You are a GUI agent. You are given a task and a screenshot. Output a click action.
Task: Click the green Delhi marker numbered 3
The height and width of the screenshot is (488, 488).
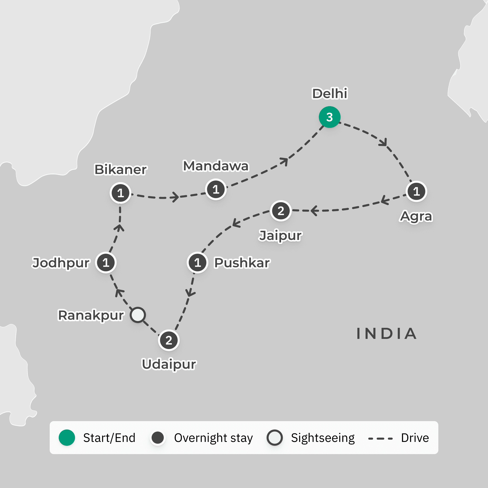coord(329,117)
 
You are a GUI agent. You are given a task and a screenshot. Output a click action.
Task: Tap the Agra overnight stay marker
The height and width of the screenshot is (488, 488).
coord(416,191)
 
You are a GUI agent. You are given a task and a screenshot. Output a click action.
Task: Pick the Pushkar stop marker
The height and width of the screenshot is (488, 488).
coord(197,263)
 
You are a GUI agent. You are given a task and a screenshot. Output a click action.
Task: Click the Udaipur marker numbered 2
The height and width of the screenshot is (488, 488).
coord(169,340)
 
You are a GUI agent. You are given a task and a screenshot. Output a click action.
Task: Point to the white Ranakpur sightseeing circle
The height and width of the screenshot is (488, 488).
coord(138,315)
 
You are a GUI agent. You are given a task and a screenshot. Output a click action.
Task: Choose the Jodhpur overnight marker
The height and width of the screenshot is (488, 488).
coord(106,263)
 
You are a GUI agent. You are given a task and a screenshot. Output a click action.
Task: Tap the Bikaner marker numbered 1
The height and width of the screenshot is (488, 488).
coord(120,193)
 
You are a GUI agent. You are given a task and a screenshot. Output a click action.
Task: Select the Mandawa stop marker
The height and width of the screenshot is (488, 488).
coord(216,189)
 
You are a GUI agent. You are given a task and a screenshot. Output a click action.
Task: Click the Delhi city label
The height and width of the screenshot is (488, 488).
coord(330,94)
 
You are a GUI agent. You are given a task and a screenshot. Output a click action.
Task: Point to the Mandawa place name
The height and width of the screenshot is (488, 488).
coord(216,166)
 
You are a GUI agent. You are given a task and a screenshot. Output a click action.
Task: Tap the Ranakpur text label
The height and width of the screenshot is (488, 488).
coord(91,315)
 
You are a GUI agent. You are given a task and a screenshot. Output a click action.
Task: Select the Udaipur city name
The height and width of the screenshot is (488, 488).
coord(169,364)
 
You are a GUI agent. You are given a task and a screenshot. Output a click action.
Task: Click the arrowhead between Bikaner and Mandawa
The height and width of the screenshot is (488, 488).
coord(175,197)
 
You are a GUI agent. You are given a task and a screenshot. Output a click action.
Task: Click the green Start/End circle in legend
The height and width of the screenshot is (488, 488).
coord(67,438)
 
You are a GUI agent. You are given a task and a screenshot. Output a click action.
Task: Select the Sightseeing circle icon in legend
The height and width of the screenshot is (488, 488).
coord(274,438)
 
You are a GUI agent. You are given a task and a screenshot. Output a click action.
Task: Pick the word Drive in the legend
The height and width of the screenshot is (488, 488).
coord(415,438)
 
